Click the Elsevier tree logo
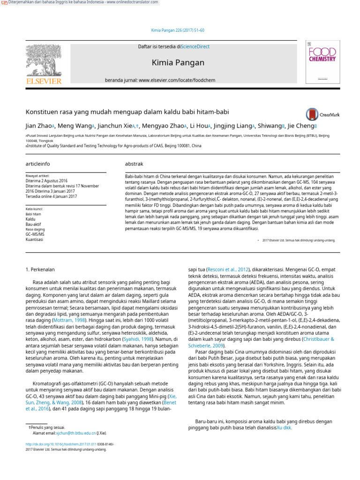(44, 63)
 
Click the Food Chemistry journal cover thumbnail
(322, 62)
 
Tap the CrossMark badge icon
(312, 114)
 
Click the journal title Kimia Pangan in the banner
(178, 62)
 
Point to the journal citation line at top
(178, 30)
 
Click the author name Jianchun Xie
(114, 126)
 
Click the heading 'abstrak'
(134, 164)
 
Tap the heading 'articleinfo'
(37, 164)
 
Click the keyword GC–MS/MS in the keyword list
(35, 233)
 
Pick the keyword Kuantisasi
(34, 239)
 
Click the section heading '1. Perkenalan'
(39, 269)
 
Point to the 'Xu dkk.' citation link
(284, 427)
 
